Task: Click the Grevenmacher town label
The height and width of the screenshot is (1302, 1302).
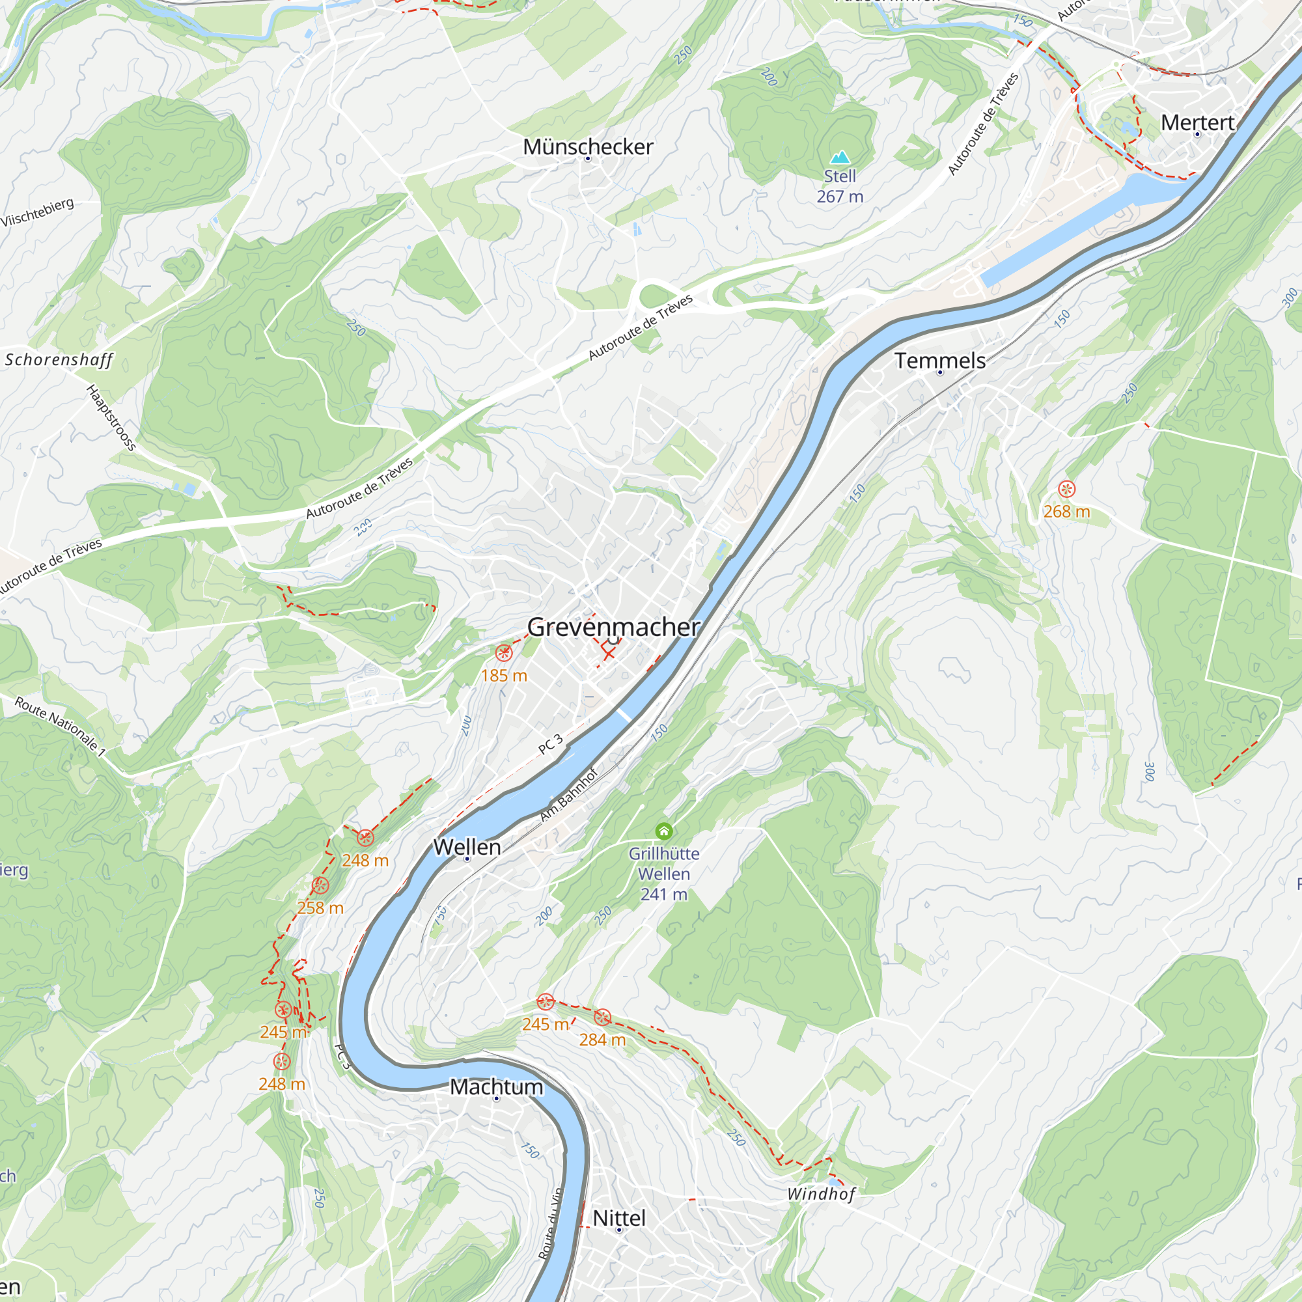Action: pos(613,628)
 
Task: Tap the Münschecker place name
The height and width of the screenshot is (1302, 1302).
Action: pos(588,147)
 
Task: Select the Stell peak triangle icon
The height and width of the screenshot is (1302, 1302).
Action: pos(840,158)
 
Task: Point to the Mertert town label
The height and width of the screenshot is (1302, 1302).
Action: pos(1198,122)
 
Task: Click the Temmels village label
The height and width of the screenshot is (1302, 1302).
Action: pos(939,361)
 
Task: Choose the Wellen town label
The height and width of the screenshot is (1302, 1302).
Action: pos(467,847)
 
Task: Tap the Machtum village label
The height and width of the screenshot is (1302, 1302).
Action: pos(496,1087)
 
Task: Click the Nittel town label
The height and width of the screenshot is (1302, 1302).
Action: pos(618,1219)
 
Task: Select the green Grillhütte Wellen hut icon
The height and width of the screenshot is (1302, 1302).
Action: pos(664,831)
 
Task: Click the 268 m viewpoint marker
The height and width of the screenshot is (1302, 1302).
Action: pos(1066,490)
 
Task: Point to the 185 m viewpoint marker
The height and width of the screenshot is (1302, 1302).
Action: pos(503,653)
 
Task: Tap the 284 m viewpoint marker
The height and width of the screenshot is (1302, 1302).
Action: pos(602,1017)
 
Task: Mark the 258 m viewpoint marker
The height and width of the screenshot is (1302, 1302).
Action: pos(320,885)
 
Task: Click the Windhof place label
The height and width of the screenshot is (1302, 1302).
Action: pos(821,1194)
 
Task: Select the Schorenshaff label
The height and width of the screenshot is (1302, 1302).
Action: pos(59,360)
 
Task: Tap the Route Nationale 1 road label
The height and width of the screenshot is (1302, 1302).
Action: pos(61,727)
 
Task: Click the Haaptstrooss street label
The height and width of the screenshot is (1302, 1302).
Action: pos(112,418)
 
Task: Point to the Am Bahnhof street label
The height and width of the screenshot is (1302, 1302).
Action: pos(569,796)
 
